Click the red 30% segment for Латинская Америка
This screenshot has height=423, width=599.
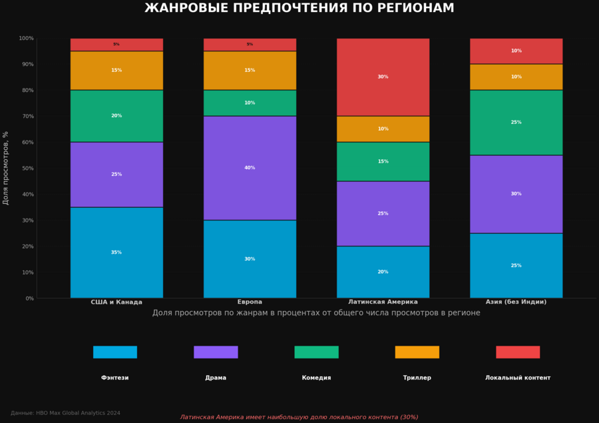pyautogui.click(x=383, y=77)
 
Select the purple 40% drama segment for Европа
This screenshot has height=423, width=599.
pyautogui.click(x=250, y=168)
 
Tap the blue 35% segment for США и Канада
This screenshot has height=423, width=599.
pyautogui.click(x=116, y=252)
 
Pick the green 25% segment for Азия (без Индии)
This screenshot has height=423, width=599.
pyautogui.click(x=516, y=123)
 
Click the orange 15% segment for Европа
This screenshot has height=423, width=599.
pyautogui.click(x=250, y=70)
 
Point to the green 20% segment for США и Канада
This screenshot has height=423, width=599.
pyautogui.click(x=116, y=116)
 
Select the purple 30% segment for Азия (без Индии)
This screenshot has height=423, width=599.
pyautogui.click(x=516, y=194)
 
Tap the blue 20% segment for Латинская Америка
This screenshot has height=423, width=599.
pyautogui.click(x=383, y=272)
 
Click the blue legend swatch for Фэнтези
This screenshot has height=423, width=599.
pyautogui.click(x=115, y=352)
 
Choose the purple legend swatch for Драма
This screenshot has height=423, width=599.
pyautogui.click(x=216, y=352)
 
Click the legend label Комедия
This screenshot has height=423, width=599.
pyautogui.click(x=316, y=378)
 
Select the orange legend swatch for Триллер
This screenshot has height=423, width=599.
pyautogui.click(x=417, y=352)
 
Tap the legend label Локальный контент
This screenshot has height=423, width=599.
pyautogui.click(x=518, y=378)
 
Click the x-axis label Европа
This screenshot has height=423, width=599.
pyautogui.click(x=250, y=302)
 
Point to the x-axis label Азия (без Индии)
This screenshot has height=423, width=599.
pyautogui.click(x=516, y=302)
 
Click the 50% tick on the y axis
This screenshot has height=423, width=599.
pyautogui.click(x=26, y=169)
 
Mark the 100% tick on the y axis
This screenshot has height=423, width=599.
pyautogui.click(x=26, y=38)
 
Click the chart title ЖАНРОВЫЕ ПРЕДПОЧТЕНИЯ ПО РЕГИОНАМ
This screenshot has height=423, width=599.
pyautogui.click(x=299, y=8)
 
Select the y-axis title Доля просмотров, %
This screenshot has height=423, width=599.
pyautogui.click(x=6, y=168)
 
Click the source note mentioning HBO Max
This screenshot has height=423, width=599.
pyautogui.click(x=65, y=413)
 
